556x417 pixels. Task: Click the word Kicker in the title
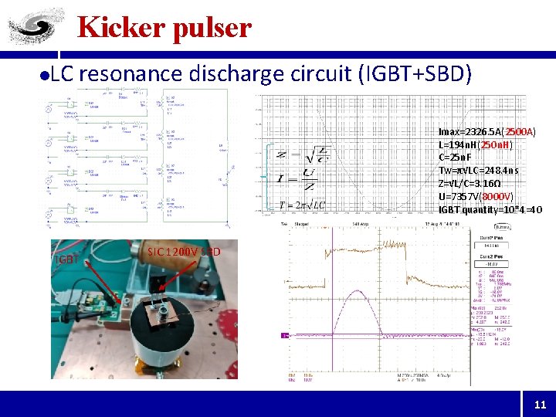pyautogui.click(x=117, y=28)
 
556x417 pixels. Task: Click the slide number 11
pyautogui.click(x=539, y=404)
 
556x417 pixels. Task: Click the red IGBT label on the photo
pyautogui.click(x=66, y=259)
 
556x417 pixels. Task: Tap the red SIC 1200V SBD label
pyautogui.click(x=184, y=252)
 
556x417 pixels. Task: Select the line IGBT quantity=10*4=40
pyautogui.click(x=490, y=209)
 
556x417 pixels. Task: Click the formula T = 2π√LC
pyautogui.click(x=302, y=205)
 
